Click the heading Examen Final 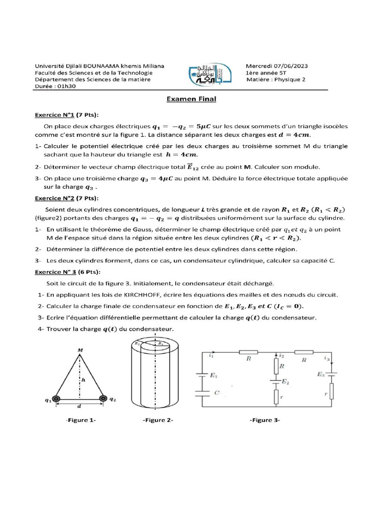coord(191,99)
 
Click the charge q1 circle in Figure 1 coord(57,399)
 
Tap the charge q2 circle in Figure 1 coord(103,398)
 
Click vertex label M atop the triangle coord(80,350)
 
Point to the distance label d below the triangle coord(80,407)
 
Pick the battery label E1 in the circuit coord(214,376)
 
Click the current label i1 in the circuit coord(211,355)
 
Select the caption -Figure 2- coord(158,421)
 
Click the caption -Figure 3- coord(265,421)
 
